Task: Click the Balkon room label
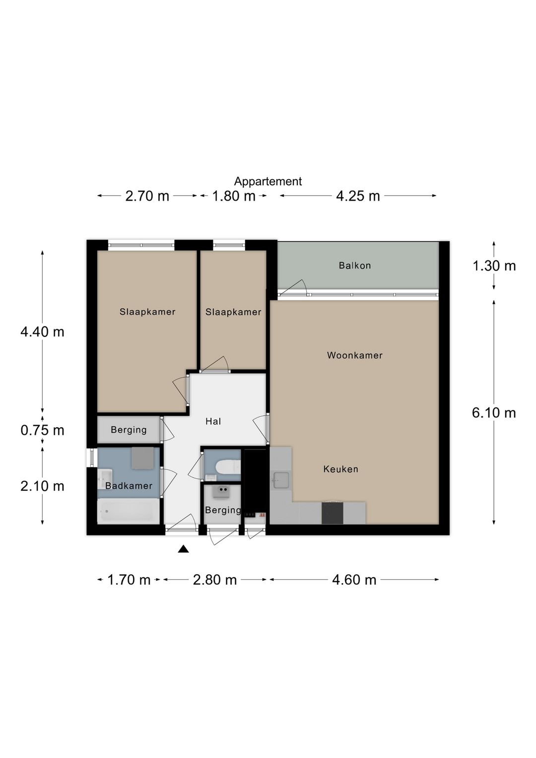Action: (355, 265)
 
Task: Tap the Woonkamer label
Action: (355, 355)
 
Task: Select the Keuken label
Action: (340, 469)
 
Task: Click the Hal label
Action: (213, 421)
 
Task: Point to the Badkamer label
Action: (129, 486)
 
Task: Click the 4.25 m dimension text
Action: (358, 196)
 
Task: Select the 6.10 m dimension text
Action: (494, 413)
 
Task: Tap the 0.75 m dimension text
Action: (42, 431)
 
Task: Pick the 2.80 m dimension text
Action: (215, 580)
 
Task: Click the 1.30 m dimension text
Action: (494, 266)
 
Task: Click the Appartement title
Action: (268, 181)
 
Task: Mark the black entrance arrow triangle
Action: (183, 549)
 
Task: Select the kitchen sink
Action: (281, 480)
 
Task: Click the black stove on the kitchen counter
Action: (333, 513)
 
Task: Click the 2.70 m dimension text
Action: (147, 196)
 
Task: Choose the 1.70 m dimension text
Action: (129, 580)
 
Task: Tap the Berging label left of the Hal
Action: (129, 430)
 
